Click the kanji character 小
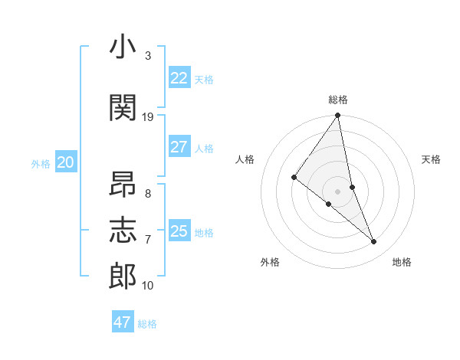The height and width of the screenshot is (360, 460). click(x=123, y=47)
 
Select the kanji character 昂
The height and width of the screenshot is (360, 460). click(x=123, y=185)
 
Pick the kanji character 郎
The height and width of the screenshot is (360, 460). click(x=123, y=276)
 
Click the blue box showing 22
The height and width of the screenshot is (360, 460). click(x=179, y=78)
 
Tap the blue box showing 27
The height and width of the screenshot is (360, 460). click(x=179, y=147)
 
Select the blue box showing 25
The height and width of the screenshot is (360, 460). click(x=179, y=231)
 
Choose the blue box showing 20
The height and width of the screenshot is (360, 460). click(x=66, y=162)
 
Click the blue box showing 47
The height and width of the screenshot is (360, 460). click(x=123, y=322)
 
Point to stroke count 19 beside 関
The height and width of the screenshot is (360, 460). click(x=148, y=116)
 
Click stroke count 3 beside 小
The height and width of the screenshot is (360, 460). click(x=147, y=56)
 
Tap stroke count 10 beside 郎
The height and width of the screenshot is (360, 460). click(x=148, y=285)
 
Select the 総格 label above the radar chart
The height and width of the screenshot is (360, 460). click(x=338, y=100)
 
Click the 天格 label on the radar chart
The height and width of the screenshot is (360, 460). click(x=431, y=159)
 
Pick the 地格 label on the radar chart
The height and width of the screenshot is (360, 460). click(x=402, y=263)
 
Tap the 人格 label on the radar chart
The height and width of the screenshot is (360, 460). click(x=245, y=159)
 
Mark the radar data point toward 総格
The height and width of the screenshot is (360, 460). click(x=337, y=116)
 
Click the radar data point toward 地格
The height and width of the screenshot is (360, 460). click(x=374, y=242)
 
